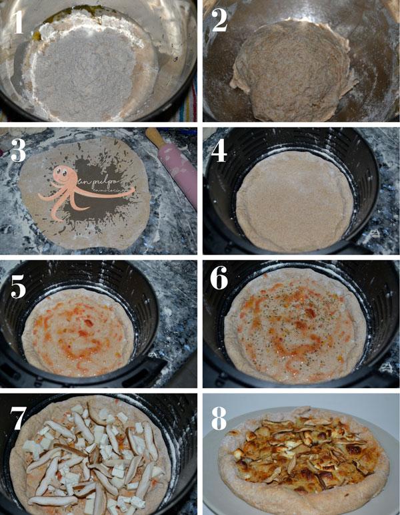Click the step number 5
(19, 283)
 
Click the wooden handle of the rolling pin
(154, 136)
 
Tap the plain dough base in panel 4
(293, 200)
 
